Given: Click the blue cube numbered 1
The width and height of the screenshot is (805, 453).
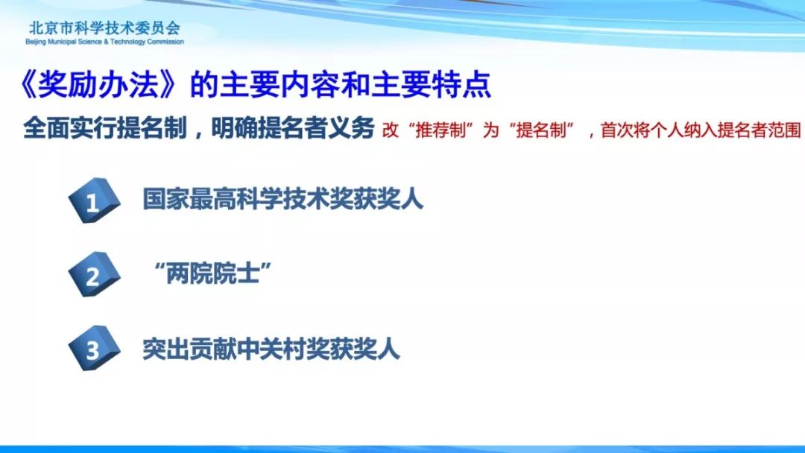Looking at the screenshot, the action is click(x=94, y=200).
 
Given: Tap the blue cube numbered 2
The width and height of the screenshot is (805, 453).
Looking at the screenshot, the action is click(x=94, y=274).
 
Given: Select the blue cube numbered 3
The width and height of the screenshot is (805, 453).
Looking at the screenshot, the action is click(x=94, y=349).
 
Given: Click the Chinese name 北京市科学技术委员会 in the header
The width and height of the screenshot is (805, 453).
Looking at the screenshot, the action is click(x=105, y=27).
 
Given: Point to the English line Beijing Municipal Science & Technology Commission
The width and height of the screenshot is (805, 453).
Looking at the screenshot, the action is click(x=105, y=42).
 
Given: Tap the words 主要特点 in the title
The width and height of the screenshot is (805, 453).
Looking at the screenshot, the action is click(x=432, y=85).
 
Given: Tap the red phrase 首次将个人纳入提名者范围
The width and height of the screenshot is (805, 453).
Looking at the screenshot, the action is click(x=700, y=130).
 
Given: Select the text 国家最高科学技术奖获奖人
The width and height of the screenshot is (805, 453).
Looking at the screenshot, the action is click(x=283, y=198).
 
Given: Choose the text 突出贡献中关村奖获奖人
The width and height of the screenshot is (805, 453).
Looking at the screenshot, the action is click(x=271, y=349).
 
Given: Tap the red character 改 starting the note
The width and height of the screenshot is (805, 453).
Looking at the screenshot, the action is click(x=390, y=130).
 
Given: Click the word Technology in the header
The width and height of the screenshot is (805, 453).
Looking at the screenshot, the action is click(x=128, y=42).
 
